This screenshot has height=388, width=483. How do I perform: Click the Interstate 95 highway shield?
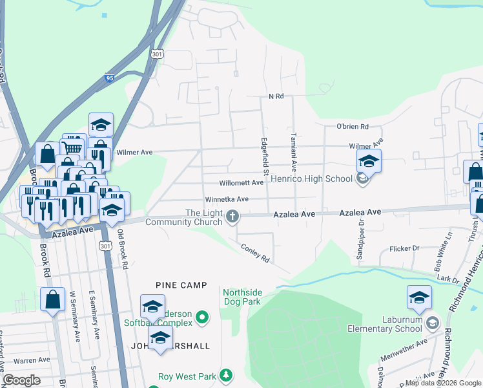point(109,78)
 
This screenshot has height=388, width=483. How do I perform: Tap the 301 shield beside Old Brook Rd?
point(105,246)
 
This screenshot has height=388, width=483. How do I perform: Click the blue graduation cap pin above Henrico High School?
point(369,161)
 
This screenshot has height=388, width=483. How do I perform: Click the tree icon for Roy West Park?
point(226,375)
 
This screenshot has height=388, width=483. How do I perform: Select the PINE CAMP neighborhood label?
point(181,285)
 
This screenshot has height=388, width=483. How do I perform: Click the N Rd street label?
point(276,96)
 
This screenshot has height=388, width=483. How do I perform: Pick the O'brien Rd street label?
point(352,127)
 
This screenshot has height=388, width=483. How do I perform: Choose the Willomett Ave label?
point(241,183)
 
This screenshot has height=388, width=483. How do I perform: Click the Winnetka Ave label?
point(227,200)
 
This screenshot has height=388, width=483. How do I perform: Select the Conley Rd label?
point(254,252)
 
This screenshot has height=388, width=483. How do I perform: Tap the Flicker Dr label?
point(405,248)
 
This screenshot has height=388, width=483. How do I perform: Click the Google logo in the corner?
point(22,380)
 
